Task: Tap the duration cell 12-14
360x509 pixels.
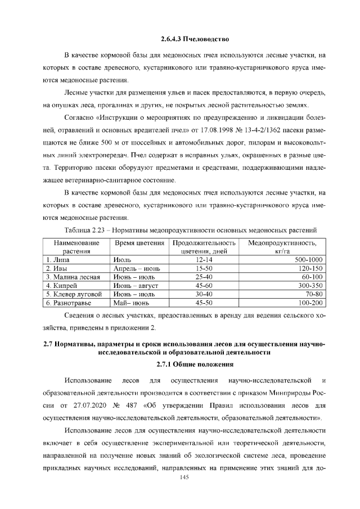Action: pyautogui.click(x=203, y=260)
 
